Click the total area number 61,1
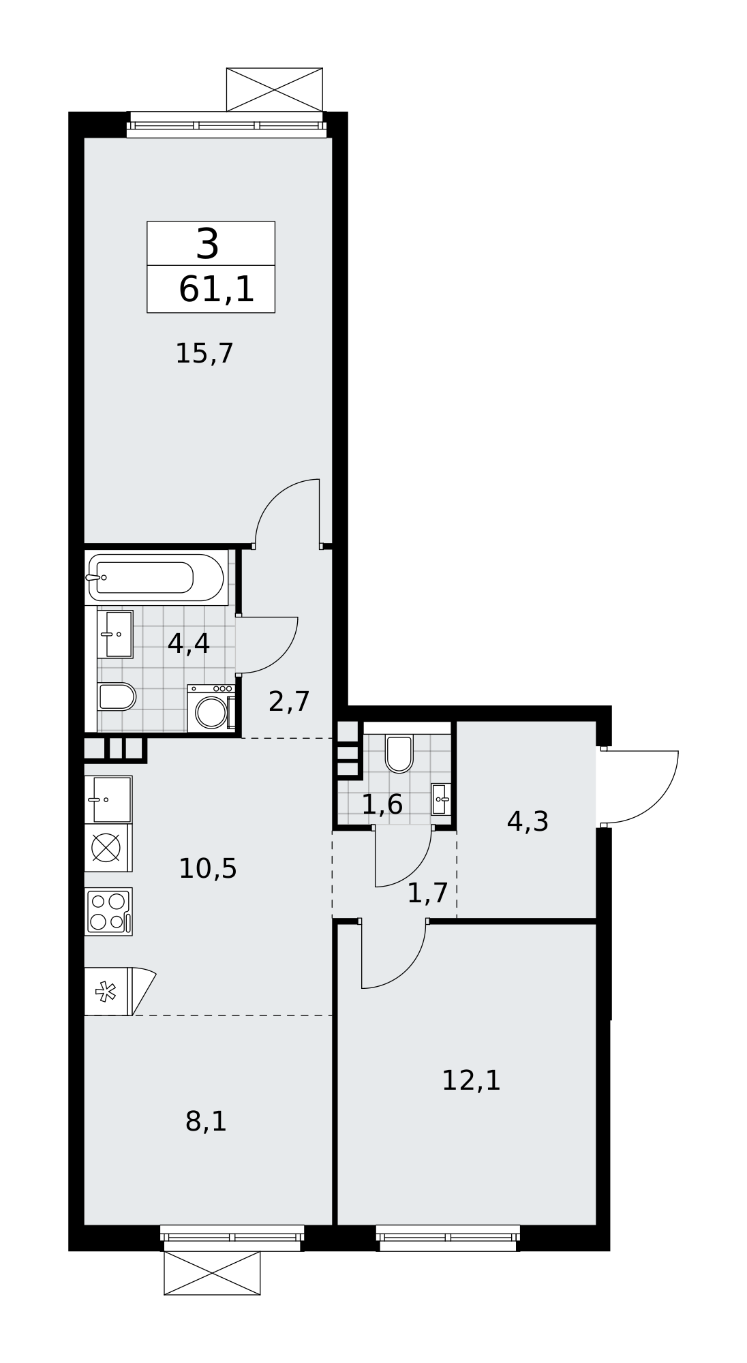(x=216, y=290)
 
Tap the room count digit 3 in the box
(x=207, y=244)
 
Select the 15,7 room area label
(x=204, y=354)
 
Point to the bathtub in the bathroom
(x=156, y=577)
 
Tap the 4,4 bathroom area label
(x=188, y=643)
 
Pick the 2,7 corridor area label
(x=289, y=701)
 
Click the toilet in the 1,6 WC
(x=399, y=753)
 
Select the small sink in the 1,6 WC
(x=441, y=799)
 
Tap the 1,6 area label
(x=382, y=805)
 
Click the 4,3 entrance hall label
(x=528, y=822)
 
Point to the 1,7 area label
(x=427, y=893)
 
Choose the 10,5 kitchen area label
(x=207, y=869)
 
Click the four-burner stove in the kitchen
(x=108, y=911)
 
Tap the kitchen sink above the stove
(x=108, y=799)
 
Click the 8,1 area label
(x=206, y=1121)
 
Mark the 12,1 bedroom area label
(x=471, y=1080)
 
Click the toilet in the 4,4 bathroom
(x=117, y=696)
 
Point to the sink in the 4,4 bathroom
(x=115, y=634)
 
